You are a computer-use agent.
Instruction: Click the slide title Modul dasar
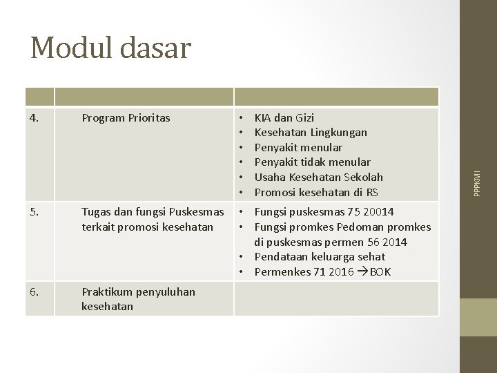[x=110, y=47]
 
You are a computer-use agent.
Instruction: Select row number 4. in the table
[x=35, y=118]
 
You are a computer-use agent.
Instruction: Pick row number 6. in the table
[x=35, y=291]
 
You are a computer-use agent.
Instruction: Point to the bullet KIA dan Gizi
[x=284, y=118]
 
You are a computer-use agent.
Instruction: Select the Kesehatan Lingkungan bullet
[x=311, y=133]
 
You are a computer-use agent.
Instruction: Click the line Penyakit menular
[x=298, y=147]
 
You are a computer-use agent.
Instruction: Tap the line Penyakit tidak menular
[x=312, y=162]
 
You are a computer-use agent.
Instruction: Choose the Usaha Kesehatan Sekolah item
[x=318, y=177]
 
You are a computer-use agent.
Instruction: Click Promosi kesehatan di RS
[x=315, y=191]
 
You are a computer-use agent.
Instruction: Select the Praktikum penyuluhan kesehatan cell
[x=138, y=298]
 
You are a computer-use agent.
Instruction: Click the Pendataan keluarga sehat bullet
[x=320, y=257]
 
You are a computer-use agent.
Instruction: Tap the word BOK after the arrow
[x=380, y=272]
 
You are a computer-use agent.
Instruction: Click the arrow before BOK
[x=362, y=272]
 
